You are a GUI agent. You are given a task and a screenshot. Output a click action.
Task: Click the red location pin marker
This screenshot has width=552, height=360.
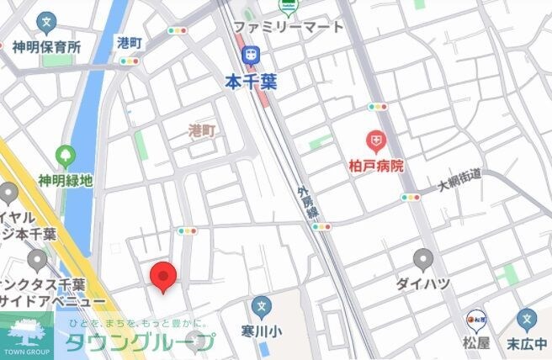coord(162,277)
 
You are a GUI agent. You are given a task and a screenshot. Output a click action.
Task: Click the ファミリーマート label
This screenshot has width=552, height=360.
coord(288,27)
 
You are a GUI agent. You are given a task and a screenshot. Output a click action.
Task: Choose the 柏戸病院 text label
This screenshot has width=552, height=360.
coord(375,166)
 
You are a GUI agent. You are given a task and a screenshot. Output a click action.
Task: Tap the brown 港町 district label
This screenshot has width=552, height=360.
coord(201,130)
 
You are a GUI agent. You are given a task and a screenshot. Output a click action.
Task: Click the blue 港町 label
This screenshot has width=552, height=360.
coord(130,41)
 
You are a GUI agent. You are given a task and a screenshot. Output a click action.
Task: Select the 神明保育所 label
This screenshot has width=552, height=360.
coord(46,47)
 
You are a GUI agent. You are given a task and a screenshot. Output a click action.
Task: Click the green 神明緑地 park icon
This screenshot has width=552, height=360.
coord(65,156)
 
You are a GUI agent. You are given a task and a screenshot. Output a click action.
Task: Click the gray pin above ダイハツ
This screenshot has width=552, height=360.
coord(424,259)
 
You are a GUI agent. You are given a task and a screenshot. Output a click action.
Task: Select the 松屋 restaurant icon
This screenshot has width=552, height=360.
coord(475,319)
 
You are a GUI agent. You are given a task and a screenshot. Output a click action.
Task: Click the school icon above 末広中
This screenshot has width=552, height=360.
coord(527,319)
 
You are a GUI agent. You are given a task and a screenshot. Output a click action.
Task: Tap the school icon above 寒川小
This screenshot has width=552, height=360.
coord(262,305)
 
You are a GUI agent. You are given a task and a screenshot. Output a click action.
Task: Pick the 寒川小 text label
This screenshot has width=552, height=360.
coord(262,331)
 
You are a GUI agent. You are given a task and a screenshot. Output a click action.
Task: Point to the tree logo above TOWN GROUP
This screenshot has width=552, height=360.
coord(28,330)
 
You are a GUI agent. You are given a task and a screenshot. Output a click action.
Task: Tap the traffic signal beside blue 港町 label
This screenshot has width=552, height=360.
coord(177,30)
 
